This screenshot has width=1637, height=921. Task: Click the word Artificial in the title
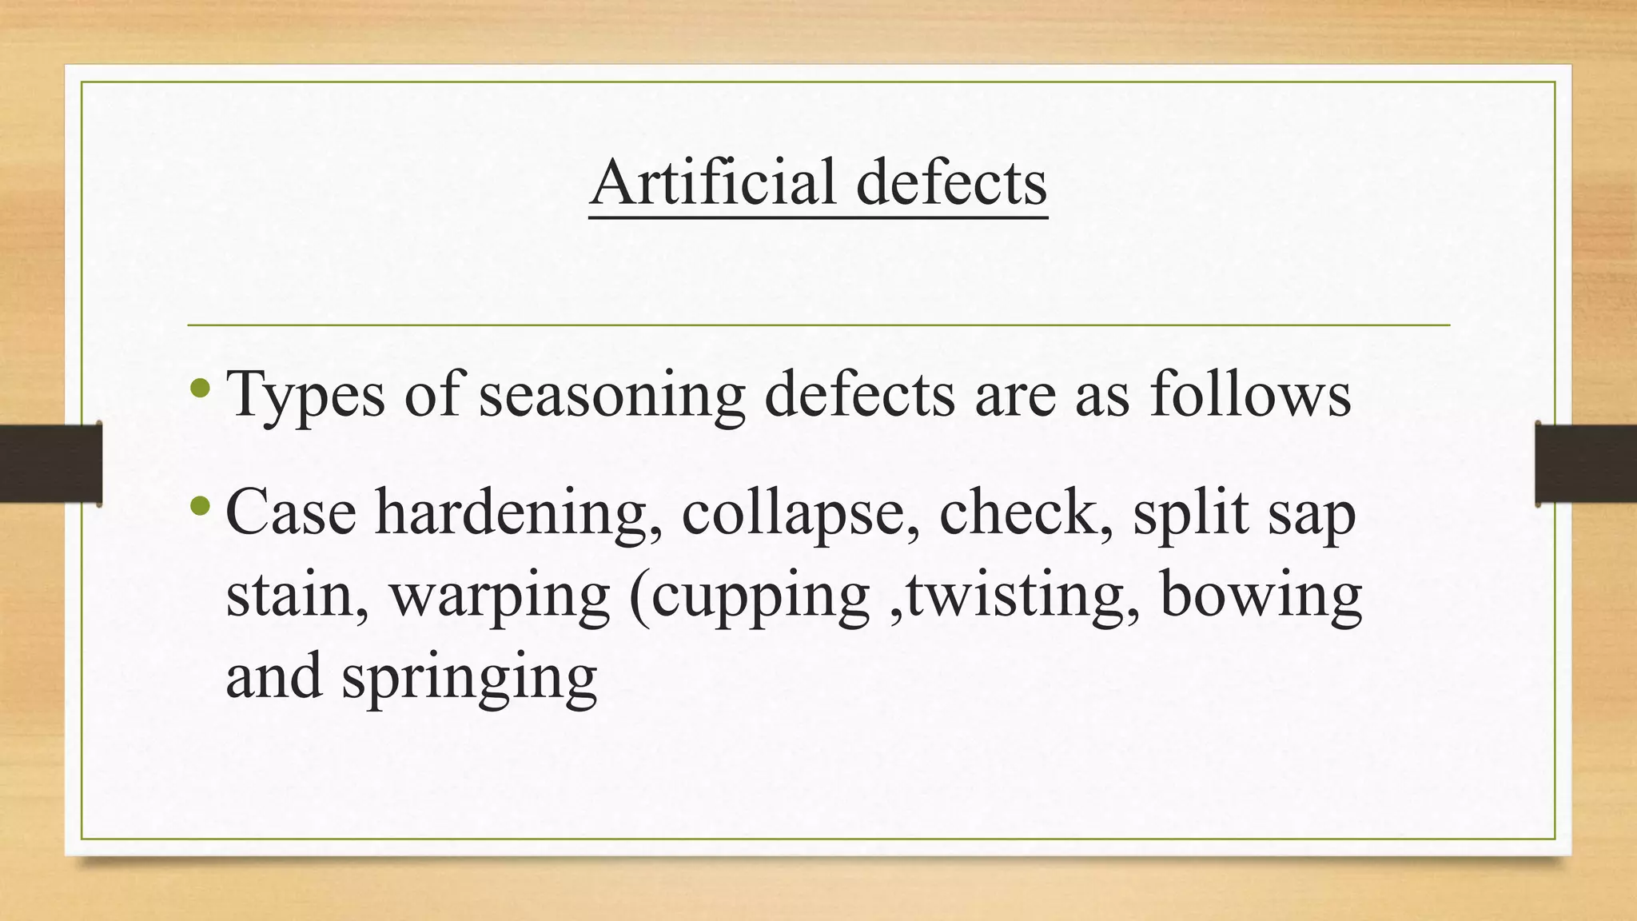click(x=714, y=182)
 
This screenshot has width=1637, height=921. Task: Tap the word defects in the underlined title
click(x=951, y=182)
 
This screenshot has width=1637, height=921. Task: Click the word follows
click(x=1250, y=394)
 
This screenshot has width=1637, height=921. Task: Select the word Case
click(x=291, y=512)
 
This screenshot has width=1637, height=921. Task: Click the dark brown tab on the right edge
click(x=1586, y=464)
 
